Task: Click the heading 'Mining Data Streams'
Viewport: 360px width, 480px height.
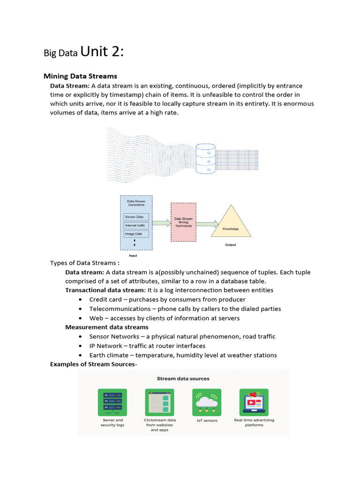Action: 80,76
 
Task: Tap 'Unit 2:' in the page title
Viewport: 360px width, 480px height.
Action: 102,52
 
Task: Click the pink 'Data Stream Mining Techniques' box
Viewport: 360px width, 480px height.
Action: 183,222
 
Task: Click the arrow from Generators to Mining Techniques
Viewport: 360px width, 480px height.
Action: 161,223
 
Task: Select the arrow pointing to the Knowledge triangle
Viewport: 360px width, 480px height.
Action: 207,224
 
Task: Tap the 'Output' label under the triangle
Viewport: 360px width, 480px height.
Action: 230,245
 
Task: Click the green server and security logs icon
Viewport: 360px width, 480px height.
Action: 112,402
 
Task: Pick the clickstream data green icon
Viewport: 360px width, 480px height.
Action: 159,402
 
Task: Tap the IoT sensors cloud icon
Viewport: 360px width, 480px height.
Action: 207,402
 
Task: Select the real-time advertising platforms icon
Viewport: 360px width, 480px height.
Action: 254,402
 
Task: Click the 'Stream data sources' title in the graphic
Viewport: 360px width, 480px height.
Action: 183,378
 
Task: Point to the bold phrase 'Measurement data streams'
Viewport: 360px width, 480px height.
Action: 106,327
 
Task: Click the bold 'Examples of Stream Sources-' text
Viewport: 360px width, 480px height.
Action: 94,364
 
